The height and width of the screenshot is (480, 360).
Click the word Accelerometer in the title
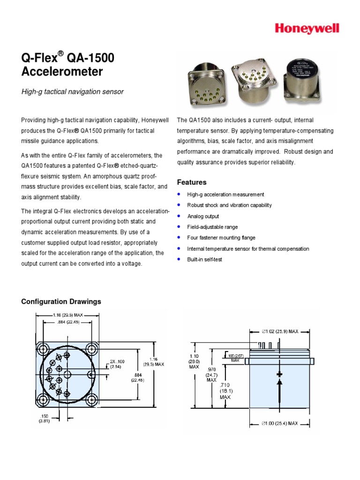(x=62, y=72)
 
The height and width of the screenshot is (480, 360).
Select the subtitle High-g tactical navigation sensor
(x=73, y=92)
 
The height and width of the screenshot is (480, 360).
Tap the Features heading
(x=191, y=182)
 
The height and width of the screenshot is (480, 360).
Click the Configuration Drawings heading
(x=61, y=301)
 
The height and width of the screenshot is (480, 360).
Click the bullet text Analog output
(x=203, y=216)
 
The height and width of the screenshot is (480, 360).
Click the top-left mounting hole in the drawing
(x=44, y=349)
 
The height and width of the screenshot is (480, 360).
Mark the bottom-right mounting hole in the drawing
(x=91, y=399)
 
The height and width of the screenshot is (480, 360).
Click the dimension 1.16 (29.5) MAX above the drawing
(x=67, y=315)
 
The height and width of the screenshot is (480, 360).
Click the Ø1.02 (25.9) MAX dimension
(x=279, y=331)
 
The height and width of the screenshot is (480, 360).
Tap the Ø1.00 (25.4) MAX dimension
(x=279, y=423)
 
